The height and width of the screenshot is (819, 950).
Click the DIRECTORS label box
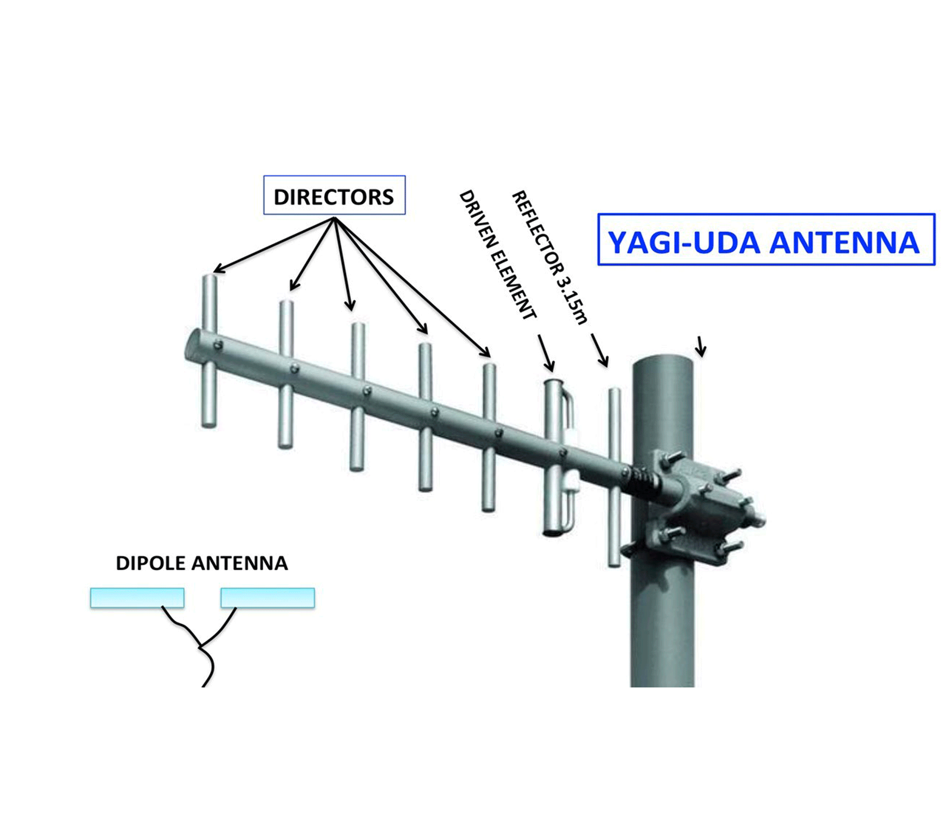click(334, 195)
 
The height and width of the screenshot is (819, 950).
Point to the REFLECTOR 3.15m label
click(549, 257)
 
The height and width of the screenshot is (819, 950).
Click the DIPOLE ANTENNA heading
click(201, 563)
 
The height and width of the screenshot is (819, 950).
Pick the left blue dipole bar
click(137, 597)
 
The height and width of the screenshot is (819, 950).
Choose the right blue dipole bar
click(268, 597)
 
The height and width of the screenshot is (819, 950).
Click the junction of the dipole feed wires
click(200, 646)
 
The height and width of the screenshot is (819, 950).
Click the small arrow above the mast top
click(700, 346)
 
